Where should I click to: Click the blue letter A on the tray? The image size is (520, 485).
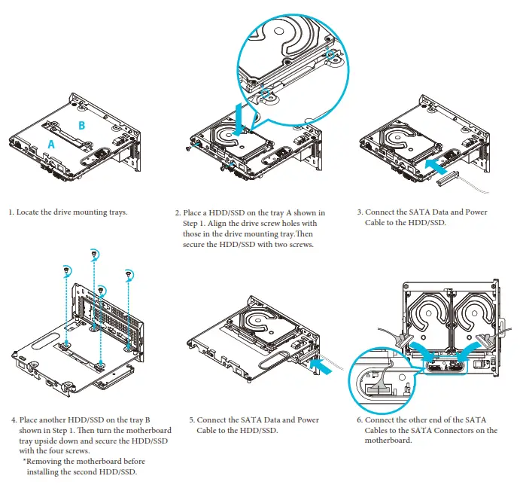(51, 142)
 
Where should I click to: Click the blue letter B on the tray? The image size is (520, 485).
(82, 124)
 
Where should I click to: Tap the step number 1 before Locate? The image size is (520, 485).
(11, 212)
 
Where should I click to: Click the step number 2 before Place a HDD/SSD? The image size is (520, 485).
(178, 213)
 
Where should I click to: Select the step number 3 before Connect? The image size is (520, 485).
(360, 212)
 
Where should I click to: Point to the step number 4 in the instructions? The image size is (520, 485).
(14, 420)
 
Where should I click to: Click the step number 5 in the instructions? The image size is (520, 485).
(191, 420)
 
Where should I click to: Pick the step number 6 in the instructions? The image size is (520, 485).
(360, 420)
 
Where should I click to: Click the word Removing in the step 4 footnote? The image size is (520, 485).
(47, 461)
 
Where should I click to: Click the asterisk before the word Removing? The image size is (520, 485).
(25, 461)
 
